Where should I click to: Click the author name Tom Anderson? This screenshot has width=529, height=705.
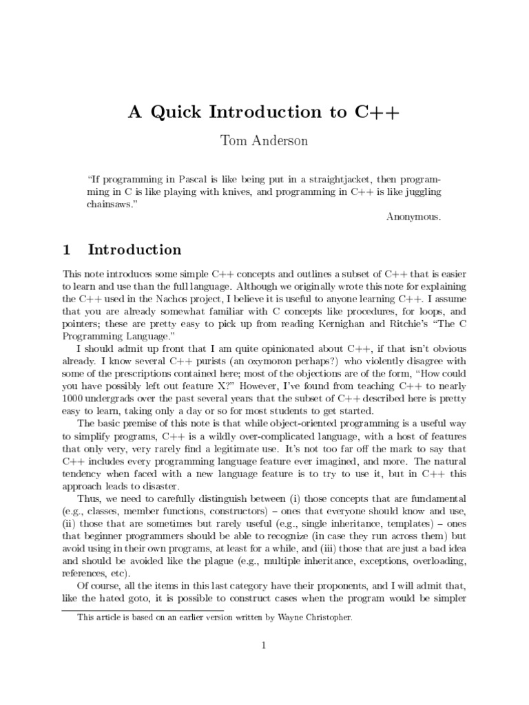[x=264, y=141]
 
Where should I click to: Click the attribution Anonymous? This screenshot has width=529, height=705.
[x=413, y=217]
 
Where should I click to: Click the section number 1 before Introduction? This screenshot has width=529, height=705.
[x=67, y=249]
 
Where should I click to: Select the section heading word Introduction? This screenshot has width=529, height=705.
[x=136, y=249]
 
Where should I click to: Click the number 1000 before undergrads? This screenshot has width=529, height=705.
[x=74, y=399]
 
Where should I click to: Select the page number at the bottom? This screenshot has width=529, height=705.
[x=264, y=645]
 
